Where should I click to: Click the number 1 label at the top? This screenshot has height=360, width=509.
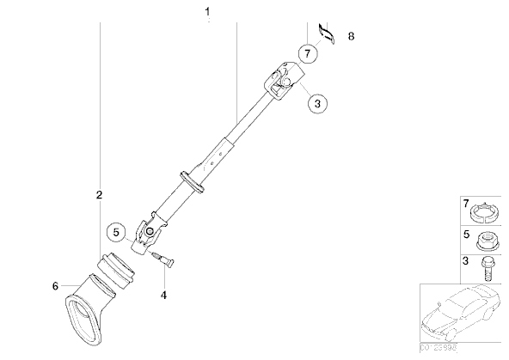pyautogui.click(x=206, y=12)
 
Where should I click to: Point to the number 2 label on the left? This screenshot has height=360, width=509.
pyautogui.click(x=100, y=195)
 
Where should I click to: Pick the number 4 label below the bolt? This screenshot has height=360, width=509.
pyautogui.click(x=163, y=296)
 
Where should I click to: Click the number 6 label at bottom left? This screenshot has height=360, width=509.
pyautogui.click(x=56, y=286)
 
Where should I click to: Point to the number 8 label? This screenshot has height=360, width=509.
pyautogui.click(x=351, y=36)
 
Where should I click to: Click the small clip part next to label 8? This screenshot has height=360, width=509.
pyautogui.click(x=325, y=32)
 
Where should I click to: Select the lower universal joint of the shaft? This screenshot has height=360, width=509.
pyautogui.click(x=146, y=235)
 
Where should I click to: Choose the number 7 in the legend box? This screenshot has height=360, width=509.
pyautogui.click(x=465, y=204)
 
